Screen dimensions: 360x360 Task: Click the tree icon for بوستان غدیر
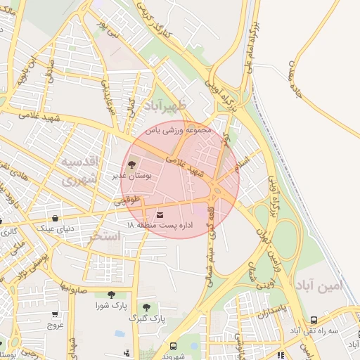pyautogui.click(x=132, y=165)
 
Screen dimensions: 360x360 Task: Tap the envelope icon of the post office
pyautogui.click(x=159, y=214)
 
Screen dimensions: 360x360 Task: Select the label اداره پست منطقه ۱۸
pyautogui.click(x=160, y=224)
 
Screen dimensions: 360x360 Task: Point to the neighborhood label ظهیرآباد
pyautogui.click(x=165, y=107)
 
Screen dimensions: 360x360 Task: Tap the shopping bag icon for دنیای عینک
pyautogui.click(x=56, y=218)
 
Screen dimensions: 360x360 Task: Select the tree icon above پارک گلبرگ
pyautogui.click(x=146, y=307)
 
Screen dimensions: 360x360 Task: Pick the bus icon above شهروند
pyautogui.click(x=173, y=346)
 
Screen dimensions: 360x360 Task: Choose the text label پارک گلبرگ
pyautogui.click(x=146, y=319)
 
